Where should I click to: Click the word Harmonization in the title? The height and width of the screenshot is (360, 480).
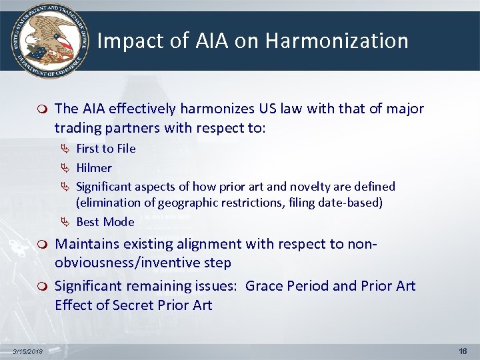tap(337, 41)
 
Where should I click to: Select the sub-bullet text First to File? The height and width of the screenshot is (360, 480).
tap(105, 149)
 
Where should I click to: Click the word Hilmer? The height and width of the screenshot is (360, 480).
tap(94, 167)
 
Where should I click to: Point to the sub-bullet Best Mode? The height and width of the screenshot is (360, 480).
tap(105, 222)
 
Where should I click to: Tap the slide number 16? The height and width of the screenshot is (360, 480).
tap(463, 351)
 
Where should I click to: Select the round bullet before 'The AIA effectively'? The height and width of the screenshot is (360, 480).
tap(43, 109)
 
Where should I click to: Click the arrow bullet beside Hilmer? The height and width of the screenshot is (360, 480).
tap(65, 168)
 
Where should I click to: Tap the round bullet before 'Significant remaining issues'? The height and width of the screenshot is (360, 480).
tap(43, 287)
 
